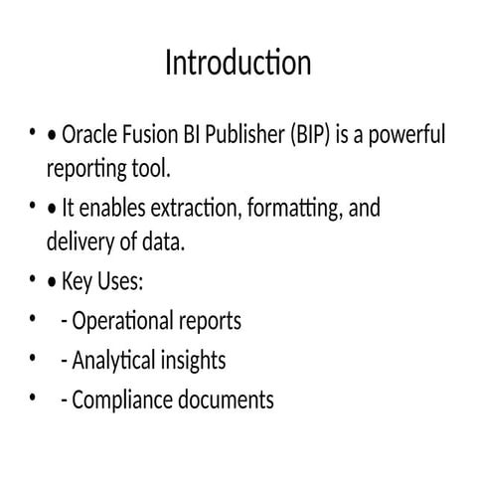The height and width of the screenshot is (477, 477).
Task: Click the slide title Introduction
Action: click(x=238, y=64)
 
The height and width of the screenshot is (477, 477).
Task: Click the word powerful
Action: click(x=407, y=134)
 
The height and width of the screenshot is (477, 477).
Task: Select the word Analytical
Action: click(x=115, y=361)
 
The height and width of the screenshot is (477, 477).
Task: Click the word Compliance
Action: click(x=122, y=399)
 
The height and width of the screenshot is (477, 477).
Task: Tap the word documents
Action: click(x=225, y=399)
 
